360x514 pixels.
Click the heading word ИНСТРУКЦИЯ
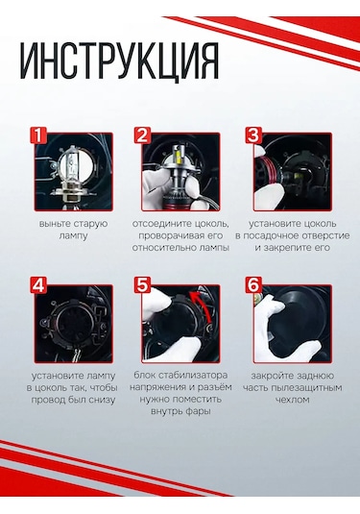pyautogui.click(x=120, y=61)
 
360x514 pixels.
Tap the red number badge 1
pyautogui.click(x=38, y=135)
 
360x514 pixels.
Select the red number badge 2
pyautogui.click(x=142, y=135)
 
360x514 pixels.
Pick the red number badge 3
pyautogui.click(x=253, y=135)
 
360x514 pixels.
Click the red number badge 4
pyautogui.click(x=38, y=285)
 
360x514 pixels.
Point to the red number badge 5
pyautogui.click(x=142, y=285)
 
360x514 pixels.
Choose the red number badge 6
pyautogui.click(x=253, y=285)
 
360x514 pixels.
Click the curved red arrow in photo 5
pyautogui.click(x=204, y=305)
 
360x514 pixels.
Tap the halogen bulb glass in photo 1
pyautogui.click(x=73, y=165)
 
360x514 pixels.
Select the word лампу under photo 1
pyautogui.click(x=73, y=236)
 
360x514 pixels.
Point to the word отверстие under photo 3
pyautogui.click(x=325, y=235)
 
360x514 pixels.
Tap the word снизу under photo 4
pyautogui.click(x=101, y=400)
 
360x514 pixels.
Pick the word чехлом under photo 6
pyautogui.click(x=293, y=400)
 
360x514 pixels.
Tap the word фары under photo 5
pyautogui.click(x=198, y=412)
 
